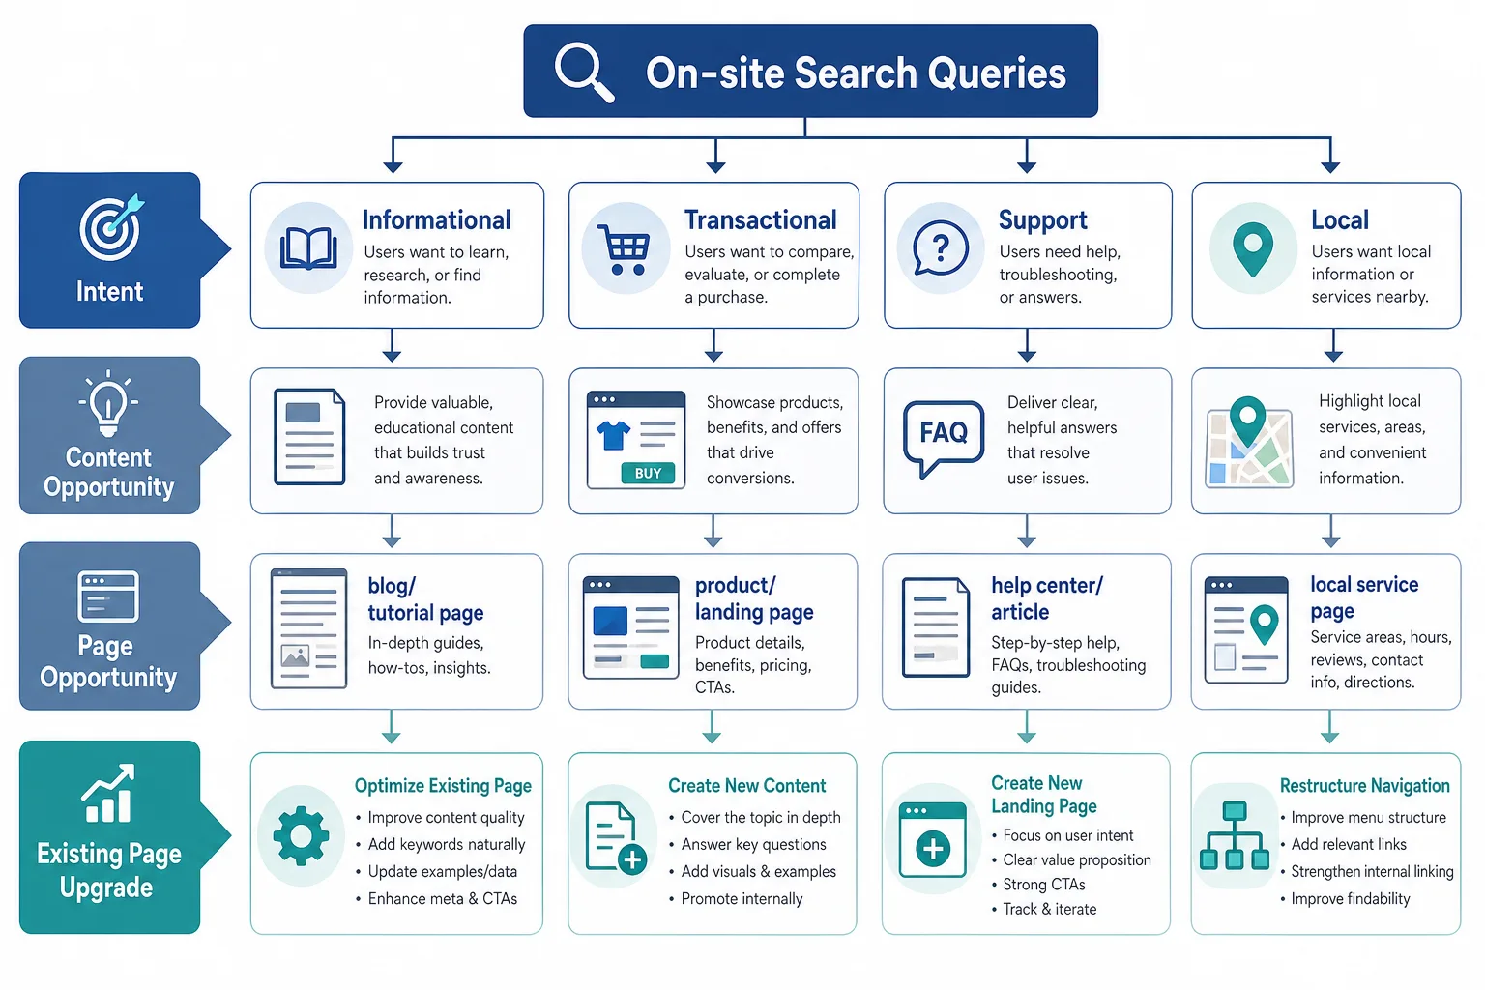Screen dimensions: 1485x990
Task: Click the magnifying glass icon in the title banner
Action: [583, 72]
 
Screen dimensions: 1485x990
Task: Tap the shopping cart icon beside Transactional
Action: [624, 249]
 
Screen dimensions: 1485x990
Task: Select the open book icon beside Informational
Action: [308, 248]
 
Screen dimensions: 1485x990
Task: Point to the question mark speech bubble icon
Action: [940, 248]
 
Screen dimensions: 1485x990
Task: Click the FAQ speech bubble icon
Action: [943, 436]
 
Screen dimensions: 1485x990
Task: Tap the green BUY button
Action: [648, 473]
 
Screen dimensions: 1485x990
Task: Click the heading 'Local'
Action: [1339, 219]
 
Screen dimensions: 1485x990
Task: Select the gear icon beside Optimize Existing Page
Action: [301, 835]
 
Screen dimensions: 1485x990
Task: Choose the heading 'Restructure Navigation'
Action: [1364, 785]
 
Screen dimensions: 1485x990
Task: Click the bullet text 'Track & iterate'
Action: [1049, 909]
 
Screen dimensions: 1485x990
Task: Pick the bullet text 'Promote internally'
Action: [742, 898]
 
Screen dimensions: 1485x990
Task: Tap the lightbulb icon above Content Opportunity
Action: [108, 403]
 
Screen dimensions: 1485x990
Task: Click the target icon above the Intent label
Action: [111, 227]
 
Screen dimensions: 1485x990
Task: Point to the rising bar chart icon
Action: [107, 793]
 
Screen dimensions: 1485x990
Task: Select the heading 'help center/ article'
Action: [1047, 598]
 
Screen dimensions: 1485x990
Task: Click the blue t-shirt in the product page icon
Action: [613, 435]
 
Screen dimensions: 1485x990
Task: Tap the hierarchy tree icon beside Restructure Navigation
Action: [1234, 835]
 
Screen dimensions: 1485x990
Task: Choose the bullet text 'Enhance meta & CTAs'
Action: [442, 898]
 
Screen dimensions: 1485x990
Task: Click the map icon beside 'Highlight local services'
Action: [1249, 442]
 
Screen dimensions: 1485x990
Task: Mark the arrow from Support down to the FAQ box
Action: [1027, 345]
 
